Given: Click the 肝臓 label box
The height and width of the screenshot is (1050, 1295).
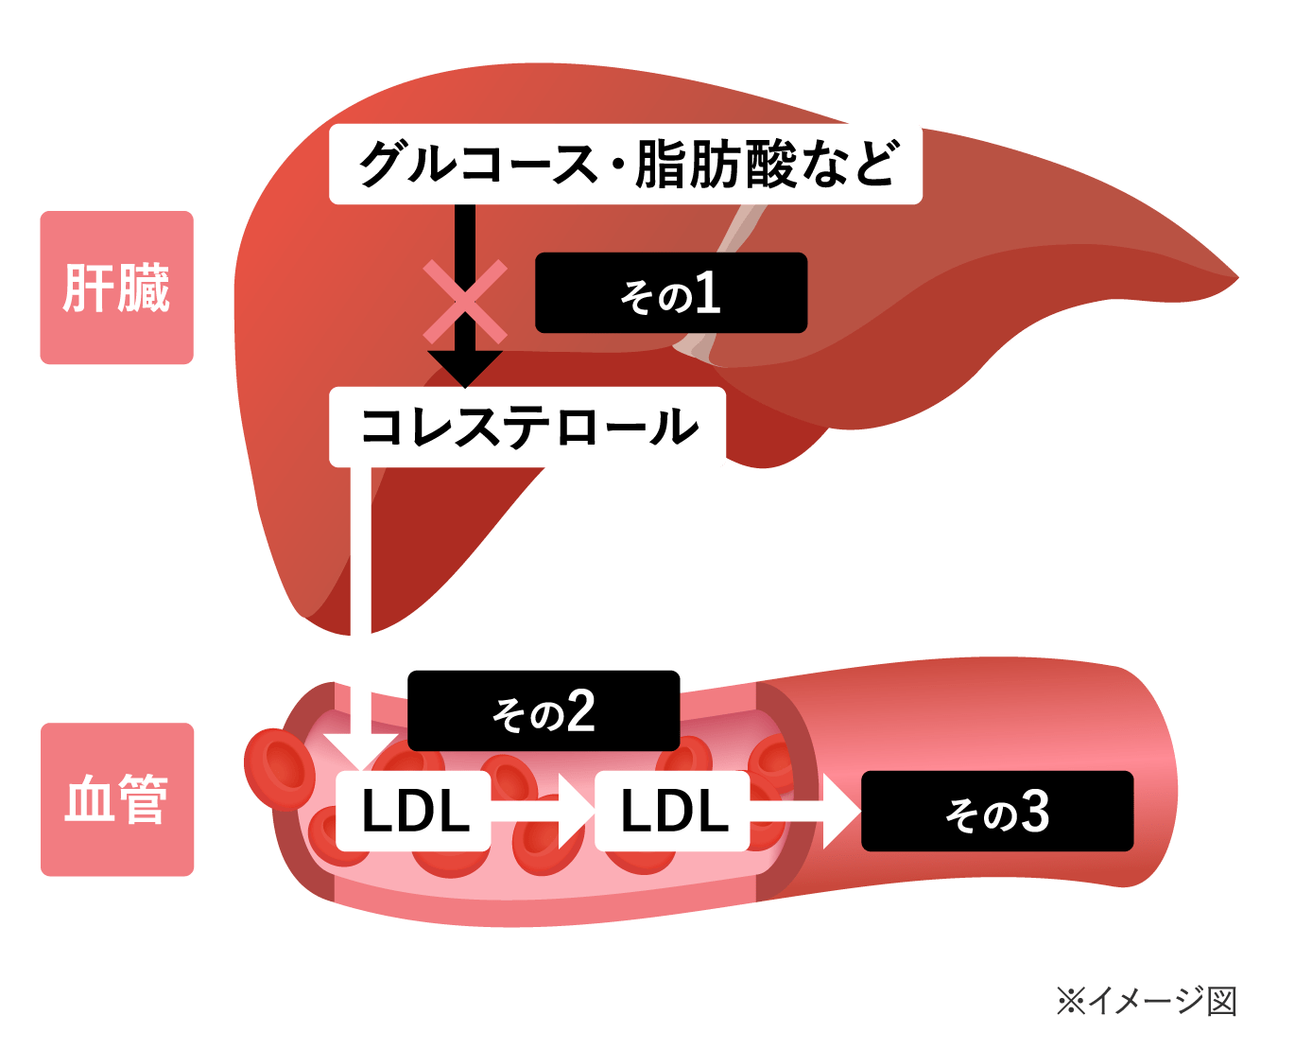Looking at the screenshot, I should pyautogui.click(x=116, y=288).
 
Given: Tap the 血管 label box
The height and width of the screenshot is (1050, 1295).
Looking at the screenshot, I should pyautogui.click(x=117, y=799).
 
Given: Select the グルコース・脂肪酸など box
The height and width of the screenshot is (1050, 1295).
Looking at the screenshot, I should pyautogui.click(x=625, y=164).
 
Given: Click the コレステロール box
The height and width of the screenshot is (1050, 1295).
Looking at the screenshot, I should pyautogui.click(x=527, y=427).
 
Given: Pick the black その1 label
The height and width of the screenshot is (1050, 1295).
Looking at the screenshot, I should pyautogui.click(x=671, y=293).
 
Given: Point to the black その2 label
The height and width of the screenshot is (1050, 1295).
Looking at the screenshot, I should pyautogui.click(x=544, y=711).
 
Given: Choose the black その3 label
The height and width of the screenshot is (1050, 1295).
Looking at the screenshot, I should pyautogui.click(x=997, y=812).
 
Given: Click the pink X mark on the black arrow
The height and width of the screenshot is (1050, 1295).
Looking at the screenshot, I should pyautogui.click(x=464, y=302).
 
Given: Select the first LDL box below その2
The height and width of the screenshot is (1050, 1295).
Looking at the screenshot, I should pyautogui.click(x=414, y=811).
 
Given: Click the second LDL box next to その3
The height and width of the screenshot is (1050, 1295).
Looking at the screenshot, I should pyautogui.click(x=672, y=811).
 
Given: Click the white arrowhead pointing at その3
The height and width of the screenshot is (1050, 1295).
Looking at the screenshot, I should pyautogui.click(x=839, y=811).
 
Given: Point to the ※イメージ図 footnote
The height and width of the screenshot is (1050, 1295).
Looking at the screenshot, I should pyautogui.click(x=1146, y=1001).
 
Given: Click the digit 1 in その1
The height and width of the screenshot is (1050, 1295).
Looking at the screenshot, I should pyautogui.click(x=707, y=293).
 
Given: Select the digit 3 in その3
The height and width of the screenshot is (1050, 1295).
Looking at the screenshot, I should pyautogui.click(x=1035, y=812).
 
